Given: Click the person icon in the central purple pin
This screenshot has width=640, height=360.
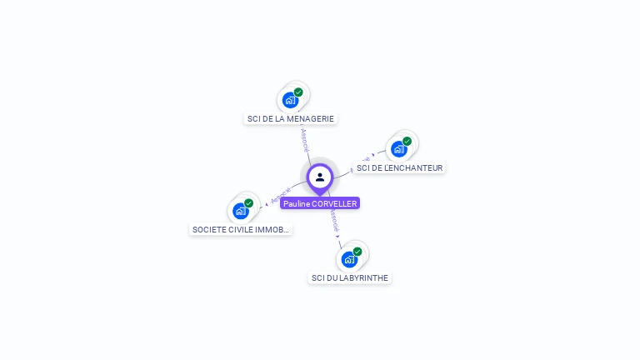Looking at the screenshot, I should pos(320,177).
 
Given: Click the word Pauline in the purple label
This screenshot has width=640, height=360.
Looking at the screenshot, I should pos(296,203).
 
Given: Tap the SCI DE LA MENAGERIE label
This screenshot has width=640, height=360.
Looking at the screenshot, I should pos(291,118).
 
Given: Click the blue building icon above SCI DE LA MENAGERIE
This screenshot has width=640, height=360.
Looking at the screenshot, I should pos(290,101).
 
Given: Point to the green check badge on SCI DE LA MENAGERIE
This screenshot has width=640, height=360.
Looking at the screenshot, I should pos(298,92).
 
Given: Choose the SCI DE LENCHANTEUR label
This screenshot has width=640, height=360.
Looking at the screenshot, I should pos(399,167).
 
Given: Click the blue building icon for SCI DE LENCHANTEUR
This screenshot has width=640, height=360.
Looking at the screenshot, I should pos(398,150).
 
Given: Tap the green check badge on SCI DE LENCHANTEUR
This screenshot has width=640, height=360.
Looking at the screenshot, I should pos(407,142).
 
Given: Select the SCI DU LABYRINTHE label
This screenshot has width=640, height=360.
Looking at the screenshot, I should pos(350,277).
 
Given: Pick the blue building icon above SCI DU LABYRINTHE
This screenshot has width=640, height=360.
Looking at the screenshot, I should pos(349,260).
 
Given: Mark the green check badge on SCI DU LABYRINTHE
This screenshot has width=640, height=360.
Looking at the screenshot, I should pos(357,252).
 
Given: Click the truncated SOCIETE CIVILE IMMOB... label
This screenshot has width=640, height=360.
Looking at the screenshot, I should pos(241,229).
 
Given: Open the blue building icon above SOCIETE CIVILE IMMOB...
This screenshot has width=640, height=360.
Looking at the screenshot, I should pos(240,212).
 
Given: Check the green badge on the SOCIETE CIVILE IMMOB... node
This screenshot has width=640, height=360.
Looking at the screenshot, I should pos(248,203).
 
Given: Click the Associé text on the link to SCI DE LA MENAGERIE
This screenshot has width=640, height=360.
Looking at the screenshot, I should pos(304,139).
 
